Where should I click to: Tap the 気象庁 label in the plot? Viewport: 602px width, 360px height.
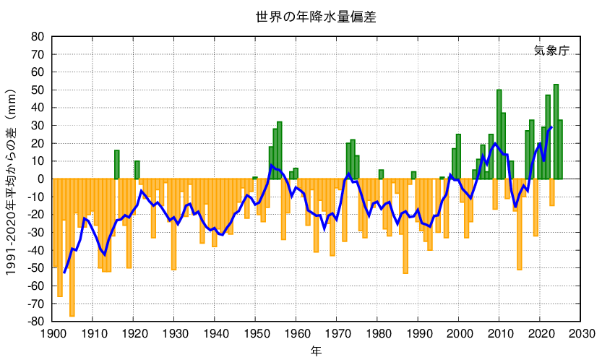coord(551,51)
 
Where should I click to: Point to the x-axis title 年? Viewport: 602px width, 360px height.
coord(317,351)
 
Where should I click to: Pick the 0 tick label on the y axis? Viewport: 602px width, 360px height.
coord(41,179)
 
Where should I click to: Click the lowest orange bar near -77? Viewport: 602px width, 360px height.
coord(72,247)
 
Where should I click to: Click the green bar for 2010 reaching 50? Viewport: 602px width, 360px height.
coord(499,134)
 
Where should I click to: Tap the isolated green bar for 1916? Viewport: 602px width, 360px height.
coord(117,165)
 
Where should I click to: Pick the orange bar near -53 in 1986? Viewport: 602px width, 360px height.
coord(405,226)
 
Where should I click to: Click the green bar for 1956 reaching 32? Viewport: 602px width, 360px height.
coord(280,150)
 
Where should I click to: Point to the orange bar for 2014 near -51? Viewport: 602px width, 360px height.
coord(520,224)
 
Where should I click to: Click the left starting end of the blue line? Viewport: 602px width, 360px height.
coord(64,273)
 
